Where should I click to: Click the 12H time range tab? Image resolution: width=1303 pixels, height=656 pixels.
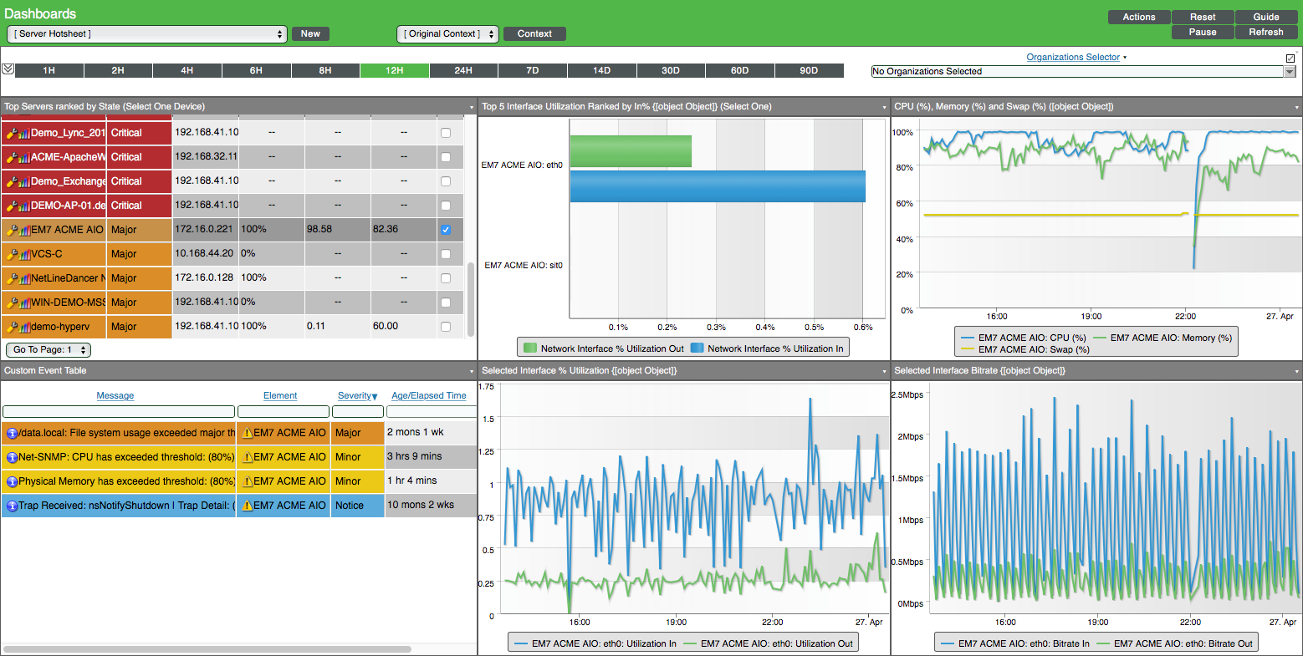[395, 71]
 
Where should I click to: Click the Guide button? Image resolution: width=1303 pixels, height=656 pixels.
[1265, 17]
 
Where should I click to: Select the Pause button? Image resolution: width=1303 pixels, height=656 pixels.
[1202, 32]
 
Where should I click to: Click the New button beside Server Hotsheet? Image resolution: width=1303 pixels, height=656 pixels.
[310, 34]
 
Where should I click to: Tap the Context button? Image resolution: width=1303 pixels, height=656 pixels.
[534, 34]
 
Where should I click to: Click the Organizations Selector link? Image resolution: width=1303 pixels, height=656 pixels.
[1073, 57]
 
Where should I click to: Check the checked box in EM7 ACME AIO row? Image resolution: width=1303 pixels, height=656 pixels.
[446, 230]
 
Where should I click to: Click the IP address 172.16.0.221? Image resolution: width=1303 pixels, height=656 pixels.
[204, 229]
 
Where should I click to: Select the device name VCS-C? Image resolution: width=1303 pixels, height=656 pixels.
[47, 253]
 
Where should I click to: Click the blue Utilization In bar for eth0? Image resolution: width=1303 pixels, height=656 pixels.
[718, 186]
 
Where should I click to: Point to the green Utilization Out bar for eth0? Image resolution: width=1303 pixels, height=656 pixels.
[631, 151]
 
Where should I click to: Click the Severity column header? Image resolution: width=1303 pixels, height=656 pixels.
[357, 395]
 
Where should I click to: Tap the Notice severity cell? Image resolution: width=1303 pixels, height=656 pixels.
[350, 506]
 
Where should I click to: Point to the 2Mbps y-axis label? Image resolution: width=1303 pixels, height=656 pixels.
[910, 436]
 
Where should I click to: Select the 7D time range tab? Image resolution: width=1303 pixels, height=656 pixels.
[533, 71]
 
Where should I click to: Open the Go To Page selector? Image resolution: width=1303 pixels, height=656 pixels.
[49, 350]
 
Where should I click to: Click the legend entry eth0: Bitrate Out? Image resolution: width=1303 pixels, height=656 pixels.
[1183, 643]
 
